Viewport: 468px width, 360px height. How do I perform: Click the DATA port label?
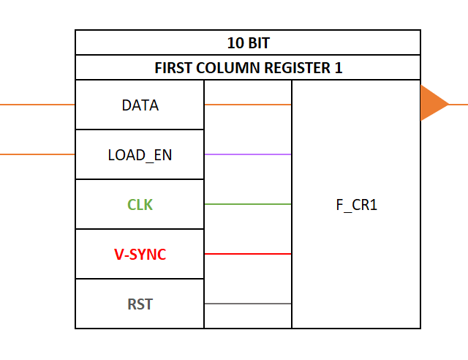140,105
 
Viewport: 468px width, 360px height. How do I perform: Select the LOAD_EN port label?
140,155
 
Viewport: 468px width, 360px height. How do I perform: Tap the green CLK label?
140,205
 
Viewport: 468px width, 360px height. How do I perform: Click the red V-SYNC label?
140,255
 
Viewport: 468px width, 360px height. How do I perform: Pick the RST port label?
140,304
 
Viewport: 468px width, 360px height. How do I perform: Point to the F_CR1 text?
356,205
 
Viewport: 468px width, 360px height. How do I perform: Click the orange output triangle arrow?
432,104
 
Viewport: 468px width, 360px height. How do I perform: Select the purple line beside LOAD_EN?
248,154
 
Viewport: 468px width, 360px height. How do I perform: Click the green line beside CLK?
248,204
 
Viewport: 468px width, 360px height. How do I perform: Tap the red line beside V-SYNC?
248,254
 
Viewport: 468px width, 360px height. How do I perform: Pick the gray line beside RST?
248,304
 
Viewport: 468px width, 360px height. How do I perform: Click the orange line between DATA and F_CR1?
248,105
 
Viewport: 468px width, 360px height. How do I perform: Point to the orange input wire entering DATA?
37,105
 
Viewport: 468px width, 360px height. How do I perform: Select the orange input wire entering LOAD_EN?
37,154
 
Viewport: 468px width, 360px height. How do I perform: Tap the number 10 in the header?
235,43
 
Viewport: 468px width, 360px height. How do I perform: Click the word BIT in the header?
257,43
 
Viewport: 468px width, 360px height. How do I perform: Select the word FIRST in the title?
172,68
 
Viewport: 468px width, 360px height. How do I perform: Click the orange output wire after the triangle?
458,104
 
